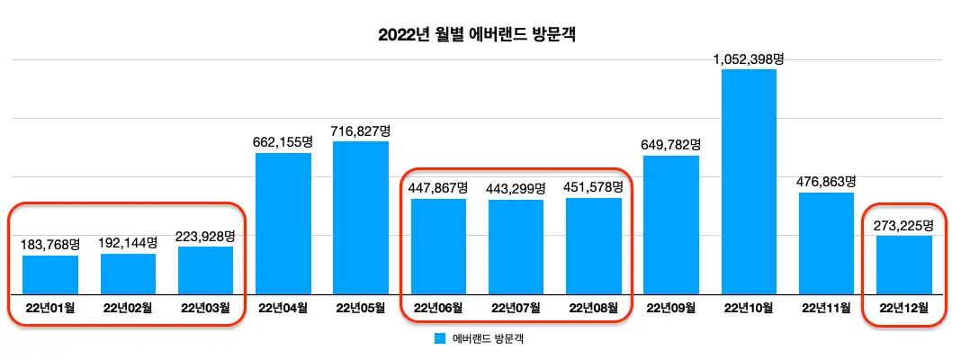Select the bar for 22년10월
tap(749, 181)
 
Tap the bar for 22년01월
tap(50, 274)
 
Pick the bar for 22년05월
tap(361, 217)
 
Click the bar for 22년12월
tap(904, 265)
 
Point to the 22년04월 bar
tap(283, 223)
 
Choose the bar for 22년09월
tap(671, 225)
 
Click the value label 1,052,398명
tap(750, 59)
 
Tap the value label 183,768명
tap(50, 245)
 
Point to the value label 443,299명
tap(516, 189)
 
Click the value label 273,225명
tap(904, 225)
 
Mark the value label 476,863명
tap(826, 182)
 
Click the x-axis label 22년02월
tap(128, 308)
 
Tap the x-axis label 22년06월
tap(438, 308)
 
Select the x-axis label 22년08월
tap(594, 308)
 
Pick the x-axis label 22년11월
tap(826, 308)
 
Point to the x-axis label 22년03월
tap(205, 308)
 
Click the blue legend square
tap(439, 339)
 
